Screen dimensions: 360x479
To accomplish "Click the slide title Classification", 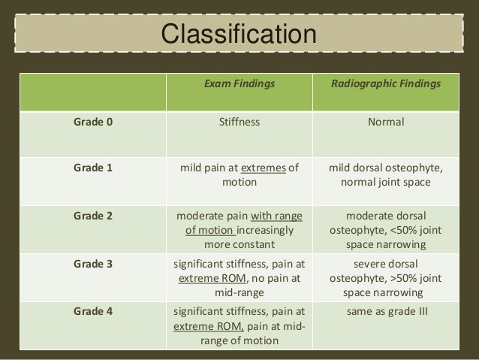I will point(239,35).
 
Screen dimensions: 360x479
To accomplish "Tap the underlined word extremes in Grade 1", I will point(264,169).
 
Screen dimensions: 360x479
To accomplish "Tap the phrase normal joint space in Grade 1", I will point(386,183).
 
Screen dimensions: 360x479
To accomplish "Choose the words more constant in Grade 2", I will point(239,244).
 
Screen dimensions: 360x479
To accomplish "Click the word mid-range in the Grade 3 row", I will point(239,292).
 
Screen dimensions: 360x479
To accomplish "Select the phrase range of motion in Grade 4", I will point(239,340).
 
